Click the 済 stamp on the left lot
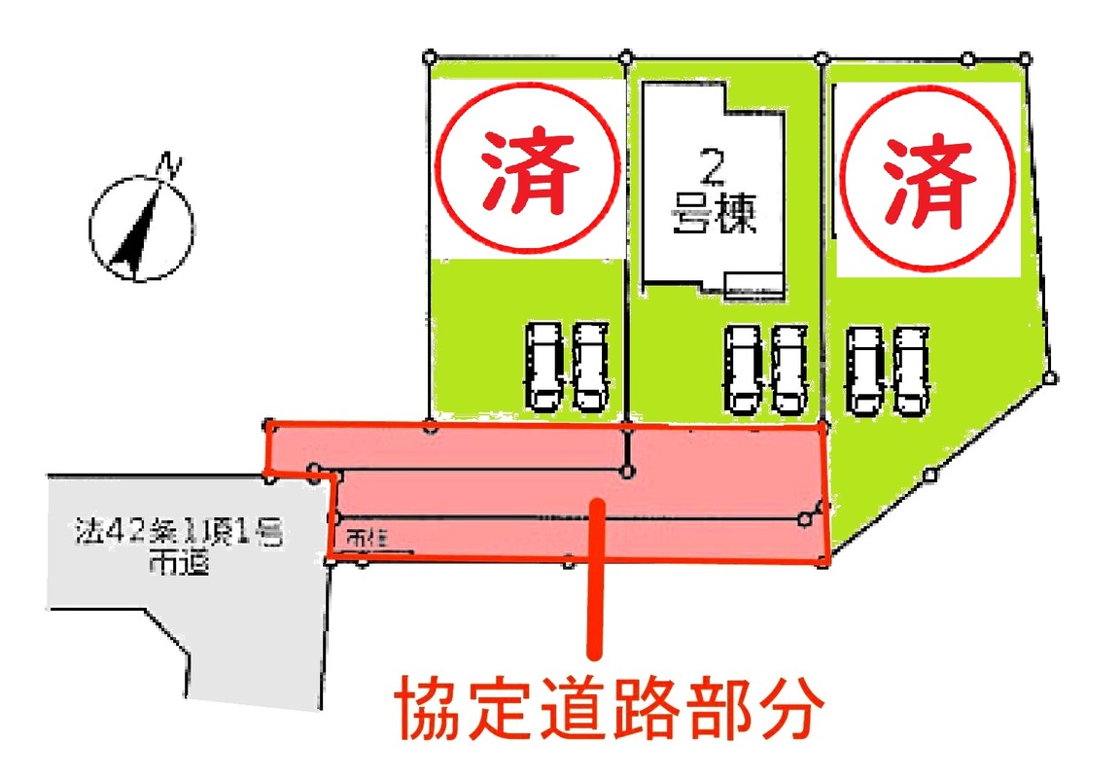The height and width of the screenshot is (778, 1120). [526, 172]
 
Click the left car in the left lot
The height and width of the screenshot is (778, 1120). [543, 366]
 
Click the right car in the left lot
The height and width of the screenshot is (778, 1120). [590, 366]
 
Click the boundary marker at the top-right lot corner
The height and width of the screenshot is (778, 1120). [1025, 58]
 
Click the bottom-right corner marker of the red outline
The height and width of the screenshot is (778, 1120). [824, 561]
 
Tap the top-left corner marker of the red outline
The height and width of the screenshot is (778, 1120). [270, 425]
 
